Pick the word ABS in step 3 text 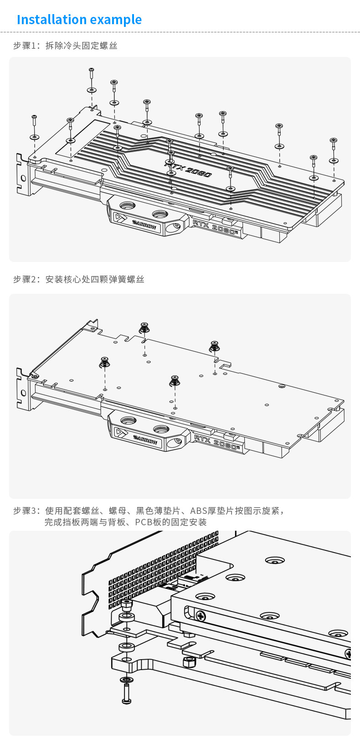(199, 511)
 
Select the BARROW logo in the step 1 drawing (144, 225)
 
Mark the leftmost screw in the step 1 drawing (34, 120)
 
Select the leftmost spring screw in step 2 (105, 362)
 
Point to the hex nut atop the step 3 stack (126, 605)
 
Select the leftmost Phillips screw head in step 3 (201, 616)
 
